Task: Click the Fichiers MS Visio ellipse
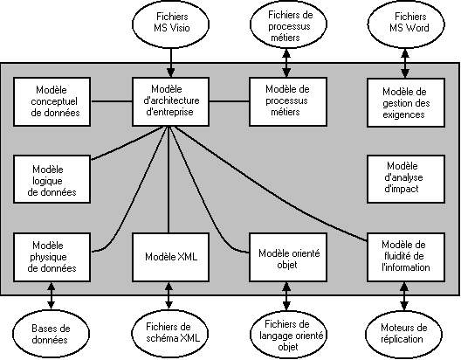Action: pos(171,24)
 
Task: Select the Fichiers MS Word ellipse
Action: pos(406,24)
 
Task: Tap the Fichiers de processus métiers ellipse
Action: pos(288,24)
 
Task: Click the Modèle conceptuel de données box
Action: pos(52,101)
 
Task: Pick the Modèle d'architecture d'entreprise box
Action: pos(170,101)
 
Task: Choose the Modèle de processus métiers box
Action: pos(288,101)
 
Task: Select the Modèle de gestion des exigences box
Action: pos(406,102)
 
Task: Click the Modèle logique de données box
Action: pos(52,179)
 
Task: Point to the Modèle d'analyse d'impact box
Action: pos(406,179)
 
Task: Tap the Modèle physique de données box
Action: pos(52,258)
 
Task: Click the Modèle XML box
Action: pos(170,258)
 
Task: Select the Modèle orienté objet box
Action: pos(288,258)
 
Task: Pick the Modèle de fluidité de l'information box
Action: pos(406,258)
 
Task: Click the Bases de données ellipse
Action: pos(51,334)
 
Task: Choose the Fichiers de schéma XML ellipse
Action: pos(169,334)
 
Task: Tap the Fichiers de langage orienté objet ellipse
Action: pos(288,335)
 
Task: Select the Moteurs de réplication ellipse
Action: pos(403,334)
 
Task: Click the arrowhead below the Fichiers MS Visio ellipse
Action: pos(170,73)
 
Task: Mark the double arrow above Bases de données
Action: pos(52,296)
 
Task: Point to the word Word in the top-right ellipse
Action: pos(418,28)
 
